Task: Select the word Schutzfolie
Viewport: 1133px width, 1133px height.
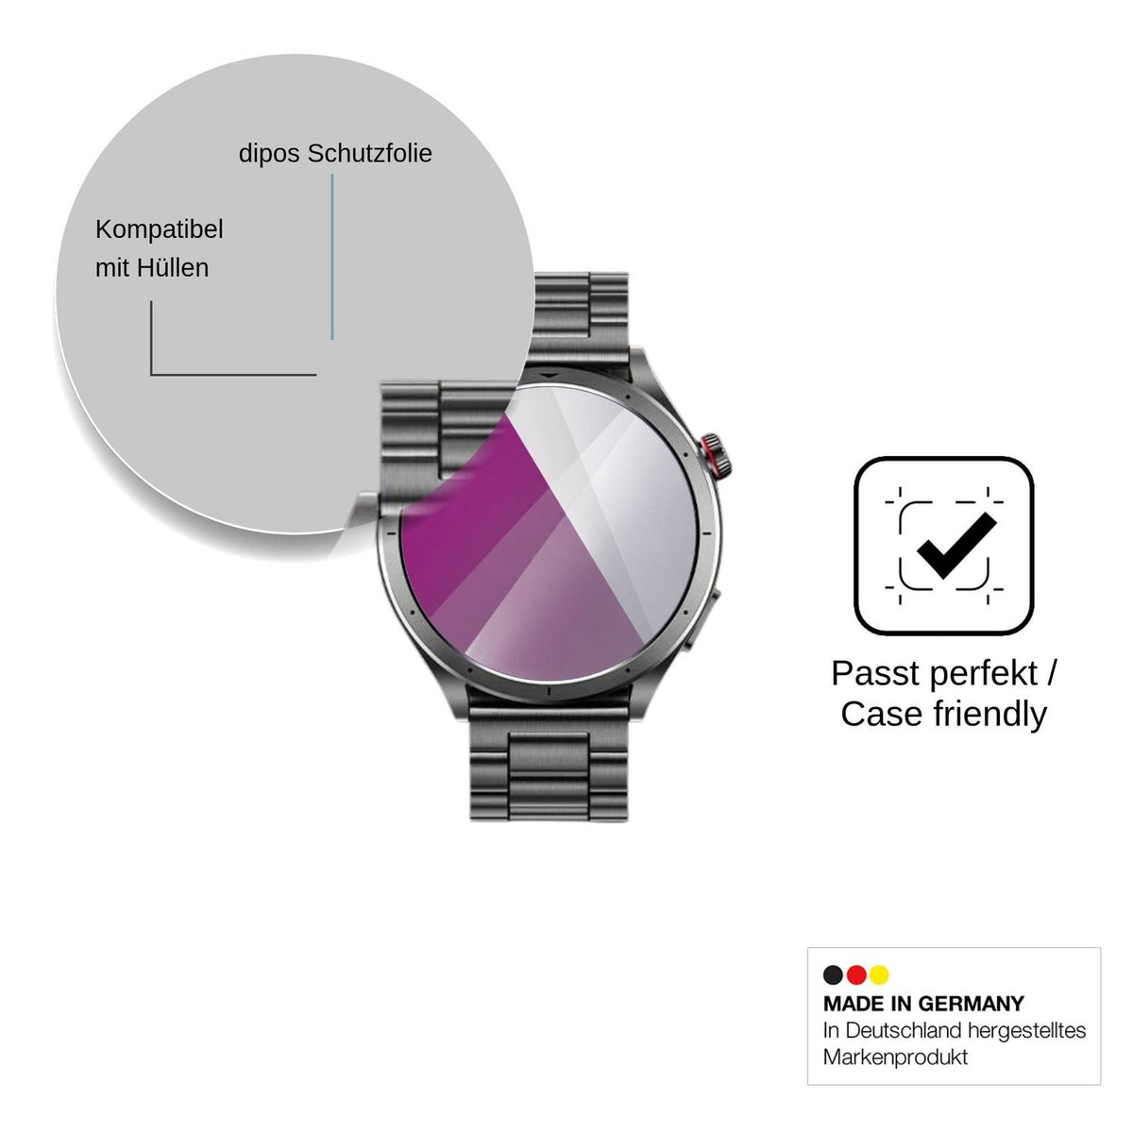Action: click(370, 154)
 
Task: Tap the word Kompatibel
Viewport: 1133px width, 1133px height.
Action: click(160, 230)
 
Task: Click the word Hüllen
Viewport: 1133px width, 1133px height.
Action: click(173, 267)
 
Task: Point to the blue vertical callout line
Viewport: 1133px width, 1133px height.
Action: click(332, 257)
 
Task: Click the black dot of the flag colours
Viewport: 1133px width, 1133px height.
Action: click(833, 974)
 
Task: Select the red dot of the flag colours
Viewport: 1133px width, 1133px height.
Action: click(856, 974)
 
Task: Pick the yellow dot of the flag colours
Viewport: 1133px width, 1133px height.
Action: click(879, 974)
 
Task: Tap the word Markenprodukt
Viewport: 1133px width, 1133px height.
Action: click(895, 1057)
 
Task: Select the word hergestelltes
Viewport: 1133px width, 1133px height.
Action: click(1026, 1031)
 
